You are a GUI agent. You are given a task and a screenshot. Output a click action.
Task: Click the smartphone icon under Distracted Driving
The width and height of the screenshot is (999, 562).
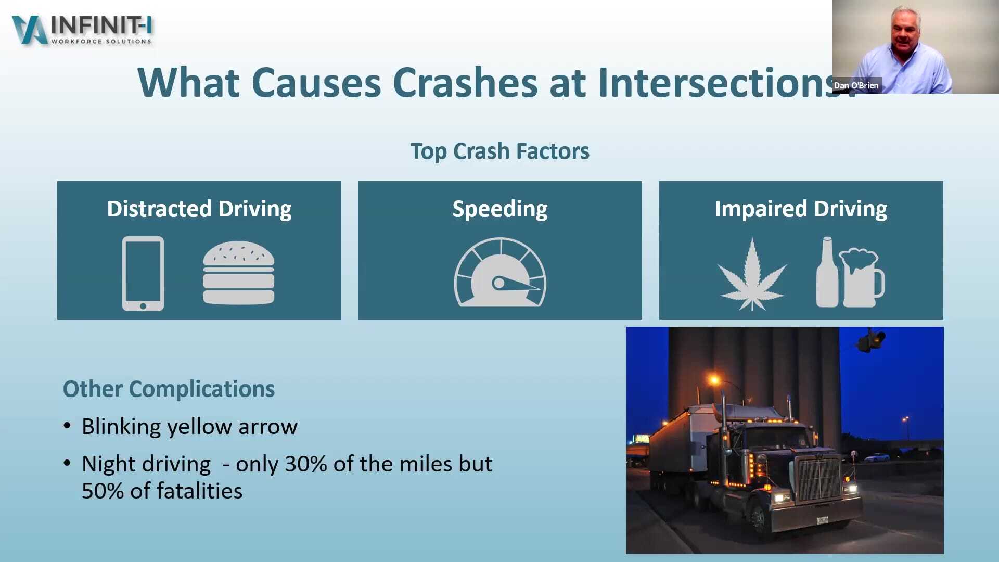click(x=143, y=274)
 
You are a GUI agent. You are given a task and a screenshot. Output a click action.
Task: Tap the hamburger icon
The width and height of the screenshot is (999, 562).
click(x=238, y=273)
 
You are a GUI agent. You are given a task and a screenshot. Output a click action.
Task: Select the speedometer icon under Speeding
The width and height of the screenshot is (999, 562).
click(x=500, y=273)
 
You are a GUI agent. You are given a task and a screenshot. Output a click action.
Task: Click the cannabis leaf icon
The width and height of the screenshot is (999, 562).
click(x=752, y=275)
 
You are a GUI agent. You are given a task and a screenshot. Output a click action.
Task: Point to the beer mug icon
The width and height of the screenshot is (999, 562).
click(x=862, y=277)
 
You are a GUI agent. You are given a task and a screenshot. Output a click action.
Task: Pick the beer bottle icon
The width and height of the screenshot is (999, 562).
click(x=827, y=273)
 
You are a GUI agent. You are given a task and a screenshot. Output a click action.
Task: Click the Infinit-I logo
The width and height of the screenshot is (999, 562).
click(x=82, y=30)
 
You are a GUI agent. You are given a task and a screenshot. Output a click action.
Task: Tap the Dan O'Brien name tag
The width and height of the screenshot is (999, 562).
click(x=856, y=85)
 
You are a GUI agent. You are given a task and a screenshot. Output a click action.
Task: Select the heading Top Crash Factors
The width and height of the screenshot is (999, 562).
click(x=499, y=151)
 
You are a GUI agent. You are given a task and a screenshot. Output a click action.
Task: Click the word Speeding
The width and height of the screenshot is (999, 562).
click(x=499, y=209)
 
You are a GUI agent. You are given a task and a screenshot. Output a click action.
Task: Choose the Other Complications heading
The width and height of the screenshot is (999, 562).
click(x=169, y=389)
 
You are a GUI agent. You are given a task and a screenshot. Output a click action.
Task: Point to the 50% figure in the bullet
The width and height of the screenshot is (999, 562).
click(x=103, y=491)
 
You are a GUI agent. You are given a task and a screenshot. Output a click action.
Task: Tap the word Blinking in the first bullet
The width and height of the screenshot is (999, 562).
click(x=121, y=427)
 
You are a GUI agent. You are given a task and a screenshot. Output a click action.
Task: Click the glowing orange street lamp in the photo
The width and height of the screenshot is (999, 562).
click(x=715, y=380)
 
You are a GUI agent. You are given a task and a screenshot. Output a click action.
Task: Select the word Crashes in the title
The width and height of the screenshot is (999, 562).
click(x=465, y=83)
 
